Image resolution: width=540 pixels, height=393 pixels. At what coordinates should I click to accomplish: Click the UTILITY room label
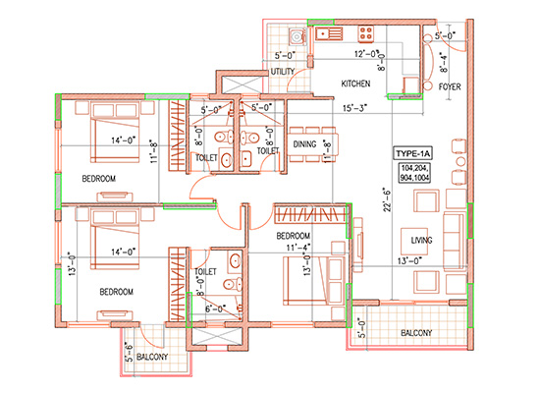282,72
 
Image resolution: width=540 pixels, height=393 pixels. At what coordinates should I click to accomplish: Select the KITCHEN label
355,84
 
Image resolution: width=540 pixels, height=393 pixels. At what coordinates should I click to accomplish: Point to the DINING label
304,144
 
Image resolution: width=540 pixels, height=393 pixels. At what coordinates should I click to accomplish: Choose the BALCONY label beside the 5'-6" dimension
153,358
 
